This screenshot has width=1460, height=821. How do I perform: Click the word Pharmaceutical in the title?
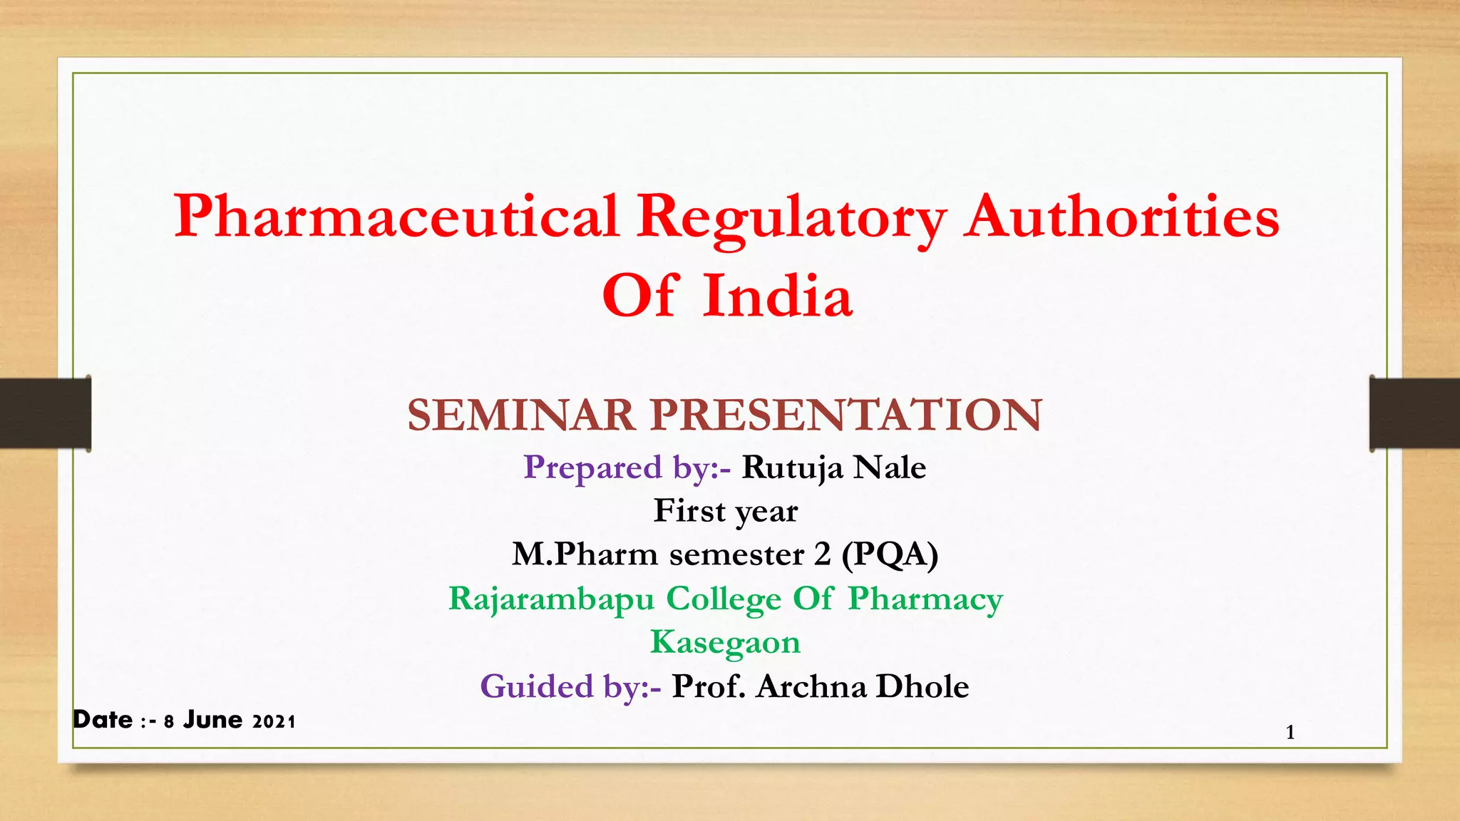[396, 217]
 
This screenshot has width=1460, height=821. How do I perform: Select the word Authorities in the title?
[1121, 217]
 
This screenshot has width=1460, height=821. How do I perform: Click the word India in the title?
[777, 296]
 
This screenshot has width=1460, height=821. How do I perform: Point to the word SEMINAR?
[521, 415]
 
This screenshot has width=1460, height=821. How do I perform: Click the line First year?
[726, 511]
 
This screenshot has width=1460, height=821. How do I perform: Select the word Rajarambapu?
[551, 599]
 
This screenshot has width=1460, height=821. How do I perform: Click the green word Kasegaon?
[726, 642]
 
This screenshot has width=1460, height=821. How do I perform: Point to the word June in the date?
[212, 720]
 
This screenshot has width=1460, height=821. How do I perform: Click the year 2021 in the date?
[274, 722]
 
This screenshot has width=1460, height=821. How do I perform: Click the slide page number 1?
[1290, 732]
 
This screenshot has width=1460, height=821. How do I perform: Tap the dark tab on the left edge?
[45, 413]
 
